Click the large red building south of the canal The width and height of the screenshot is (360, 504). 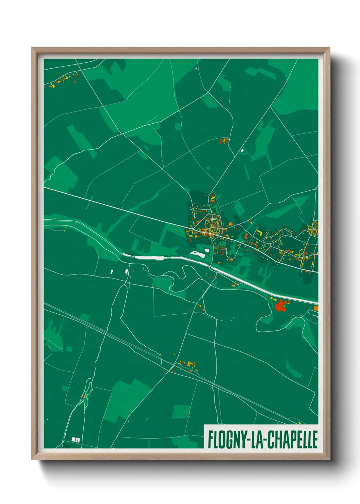tap(280, 305)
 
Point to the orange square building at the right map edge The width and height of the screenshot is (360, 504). tap(316, 308)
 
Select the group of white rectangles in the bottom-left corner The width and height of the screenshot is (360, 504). tap(76, 440)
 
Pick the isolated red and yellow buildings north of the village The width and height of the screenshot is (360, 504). tap(224, 140)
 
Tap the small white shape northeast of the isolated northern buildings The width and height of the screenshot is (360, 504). tap(242, 150)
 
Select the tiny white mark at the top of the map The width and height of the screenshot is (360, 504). tap(196, 68)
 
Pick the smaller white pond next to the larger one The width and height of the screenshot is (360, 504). tap(207, 251)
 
